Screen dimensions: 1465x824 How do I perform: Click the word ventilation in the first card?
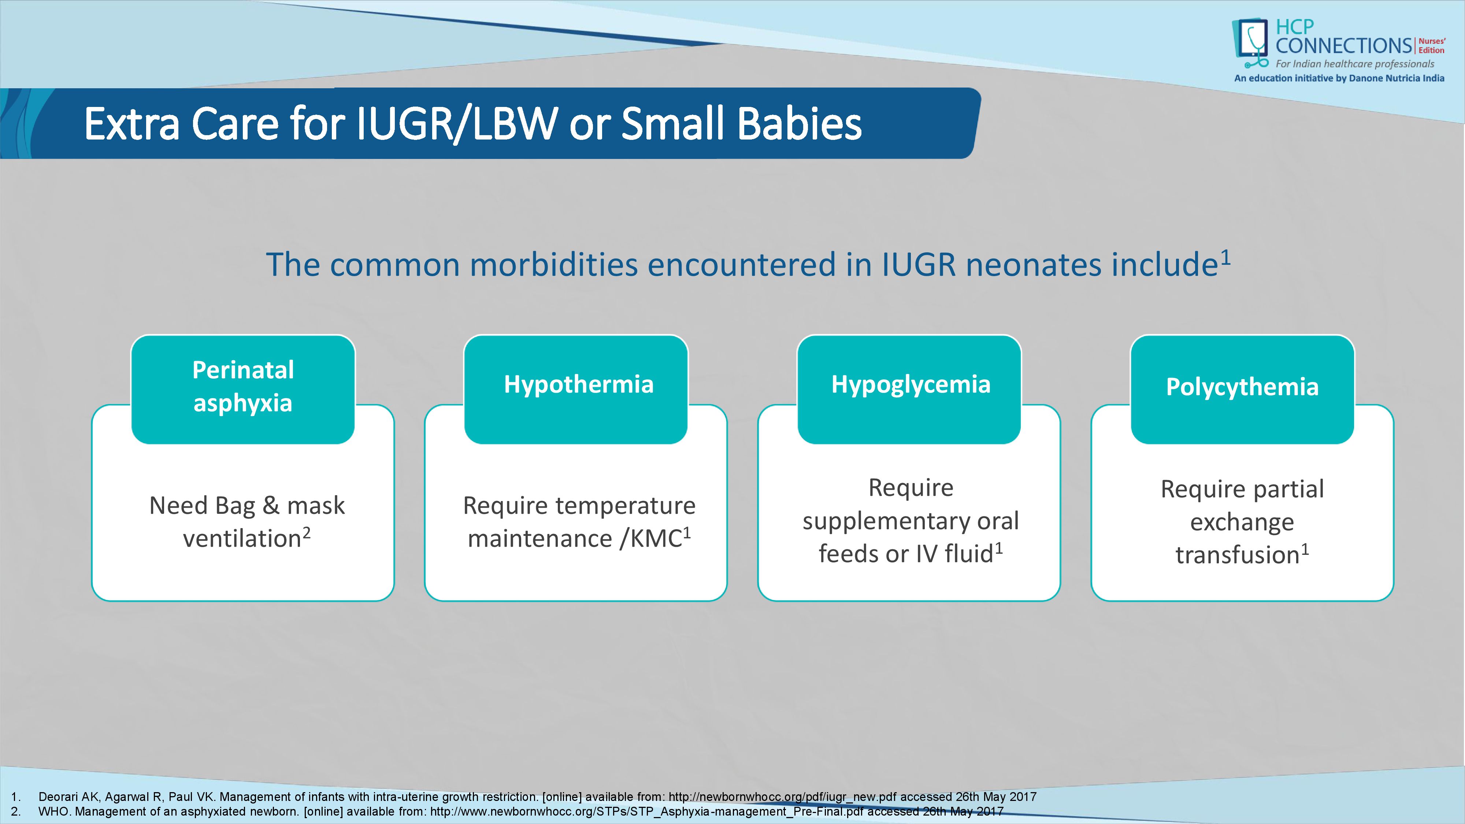pos(242,538)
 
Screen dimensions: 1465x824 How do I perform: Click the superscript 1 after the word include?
pos(1225,257)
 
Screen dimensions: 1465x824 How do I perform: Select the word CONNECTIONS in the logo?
pos(1344,45)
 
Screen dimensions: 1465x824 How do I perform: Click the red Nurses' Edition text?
pos(1431,45)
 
